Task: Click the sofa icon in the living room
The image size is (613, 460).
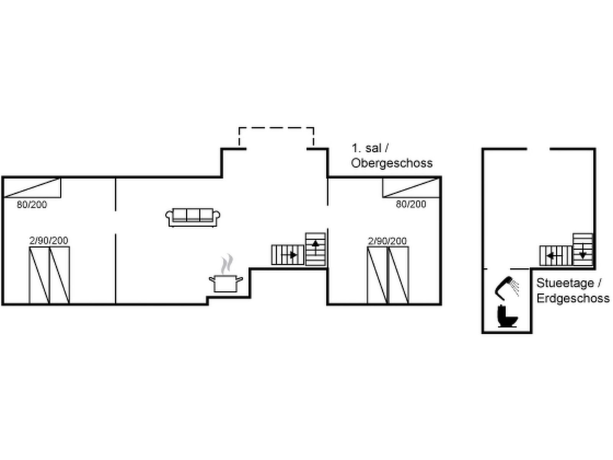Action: pos(193,217)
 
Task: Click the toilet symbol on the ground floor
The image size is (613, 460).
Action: pos(507,316)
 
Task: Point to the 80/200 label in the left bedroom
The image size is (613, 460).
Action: pos(32,205)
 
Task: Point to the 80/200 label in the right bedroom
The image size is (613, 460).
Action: pos(411,204)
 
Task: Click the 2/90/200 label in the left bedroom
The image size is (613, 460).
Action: pos(49,241)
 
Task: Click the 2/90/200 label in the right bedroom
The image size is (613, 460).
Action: pos(387,241)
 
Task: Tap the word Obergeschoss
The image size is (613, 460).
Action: pos(392,163)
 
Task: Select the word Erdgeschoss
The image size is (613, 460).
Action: pos(573,298)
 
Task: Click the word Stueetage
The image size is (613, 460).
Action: pos(565,283)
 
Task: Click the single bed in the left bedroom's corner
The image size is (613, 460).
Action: pos(32,187)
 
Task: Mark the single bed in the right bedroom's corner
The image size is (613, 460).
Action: pos(411,187)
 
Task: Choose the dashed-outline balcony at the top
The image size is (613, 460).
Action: pos(276,137)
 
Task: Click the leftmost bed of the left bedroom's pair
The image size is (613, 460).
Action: pos(39,275)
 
